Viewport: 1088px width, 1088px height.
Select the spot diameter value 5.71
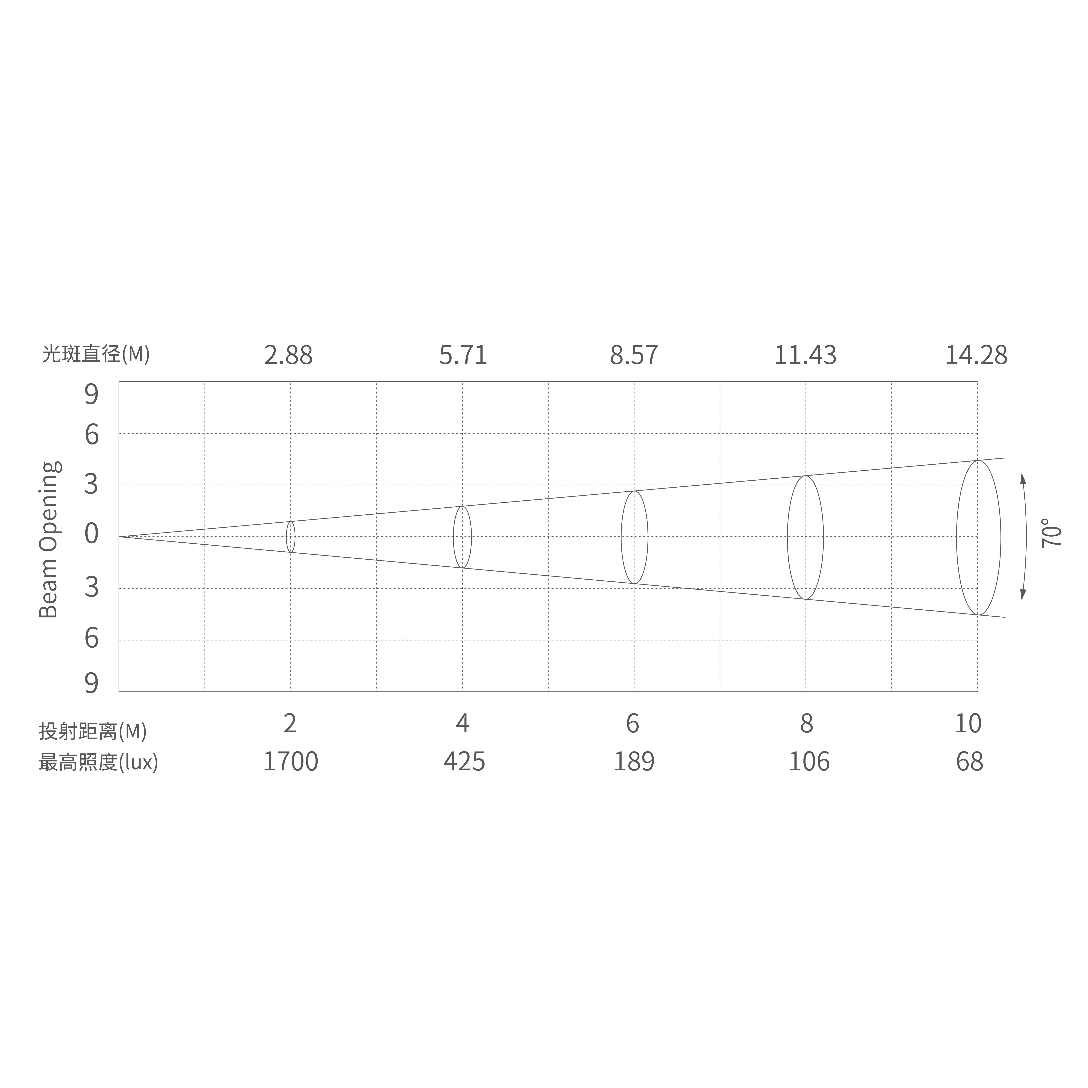(x=463, y=355)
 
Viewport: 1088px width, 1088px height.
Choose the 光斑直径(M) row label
(x=96, y=354)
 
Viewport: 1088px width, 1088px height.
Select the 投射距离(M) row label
(x=93, y=731)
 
